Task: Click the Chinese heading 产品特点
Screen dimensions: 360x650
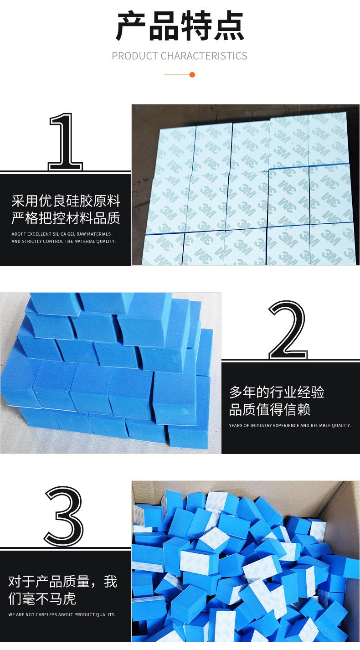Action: [x=180, y=26]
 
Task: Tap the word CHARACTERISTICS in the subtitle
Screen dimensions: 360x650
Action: [x=204, y=56]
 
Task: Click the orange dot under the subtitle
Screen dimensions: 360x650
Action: [x=192, y=75]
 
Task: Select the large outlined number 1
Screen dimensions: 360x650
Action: [x=66, y=142]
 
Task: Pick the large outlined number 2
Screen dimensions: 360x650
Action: [x=288, y=330]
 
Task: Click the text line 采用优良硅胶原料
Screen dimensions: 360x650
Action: [x=66, y=201]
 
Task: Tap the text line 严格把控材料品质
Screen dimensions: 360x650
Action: [x=66, y=218]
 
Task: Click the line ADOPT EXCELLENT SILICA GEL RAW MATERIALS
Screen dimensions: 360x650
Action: [x=61, y=234]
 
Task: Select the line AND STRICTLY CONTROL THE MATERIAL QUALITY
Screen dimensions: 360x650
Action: [x=63, y=241]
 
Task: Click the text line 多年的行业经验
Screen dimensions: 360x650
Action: [x=277, y=392]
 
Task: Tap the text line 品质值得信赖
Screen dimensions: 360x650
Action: [x=270, y=409]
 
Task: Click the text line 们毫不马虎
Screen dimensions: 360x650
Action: [x=42, y=598]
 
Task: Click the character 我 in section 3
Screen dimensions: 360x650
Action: [x=111, y=581]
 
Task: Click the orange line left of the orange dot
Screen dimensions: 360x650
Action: [x=177, y=75]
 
